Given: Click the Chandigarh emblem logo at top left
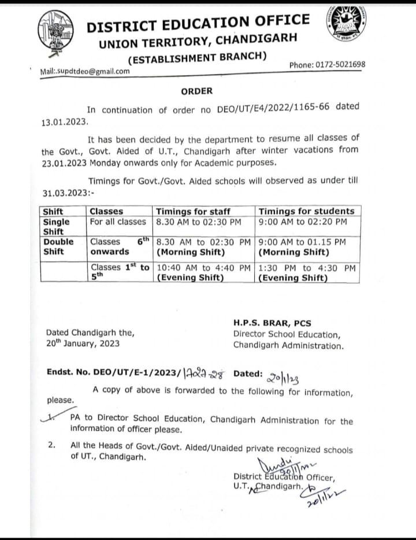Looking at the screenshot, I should coord(56,32).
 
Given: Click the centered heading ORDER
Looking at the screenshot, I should coord(196,91).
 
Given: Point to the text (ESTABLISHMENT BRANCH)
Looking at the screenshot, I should coord(197,57).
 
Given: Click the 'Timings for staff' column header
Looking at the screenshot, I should coord(193,211).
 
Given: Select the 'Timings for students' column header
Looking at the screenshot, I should coord(306,211).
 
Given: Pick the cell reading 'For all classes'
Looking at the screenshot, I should coord(118,221).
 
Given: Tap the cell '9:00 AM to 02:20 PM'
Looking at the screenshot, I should coord(303,221).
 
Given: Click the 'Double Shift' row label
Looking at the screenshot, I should coord(58,246).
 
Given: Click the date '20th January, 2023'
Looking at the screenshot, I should coord(83,343).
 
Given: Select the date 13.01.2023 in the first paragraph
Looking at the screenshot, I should coord(64,123).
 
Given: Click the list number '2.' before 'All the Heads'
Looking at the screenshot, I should coord(51,445).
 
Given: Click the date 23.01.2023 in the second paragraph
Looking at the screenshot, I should coord(64,162).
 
